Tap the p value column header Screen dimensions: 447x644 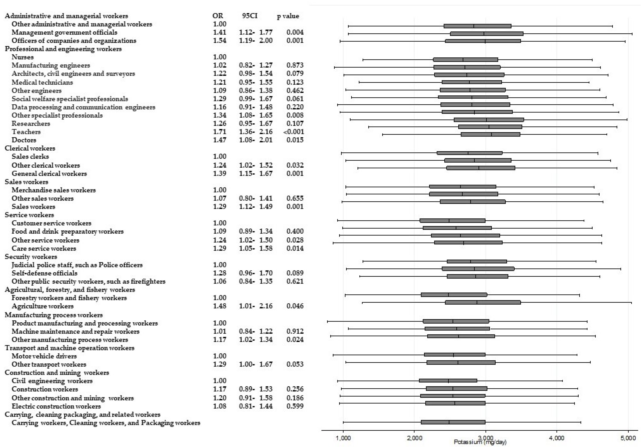coord(288,16)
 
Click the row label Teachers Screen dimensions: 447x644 coord(26,132)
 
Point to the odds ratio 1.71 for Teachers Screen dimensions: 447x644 coord(219,132)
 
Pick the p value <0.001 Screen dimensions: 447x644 coord(293,132)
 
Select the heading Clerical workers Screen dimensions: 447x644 coord(30,148)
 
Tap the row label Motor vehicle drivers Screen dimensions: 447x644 coord(44,356)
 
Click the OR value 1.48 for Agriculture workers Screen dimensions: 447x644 coord(219,306)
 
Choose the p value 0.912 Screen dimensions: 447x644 coord(295,331)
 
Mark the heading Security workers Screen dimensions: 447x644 coord(31,257)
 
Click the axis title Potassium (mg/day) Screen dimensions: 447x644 coord(480,442)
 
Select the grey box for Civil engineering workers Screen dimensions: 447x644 coord(448,381)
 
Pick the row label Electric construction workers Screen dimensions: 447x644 coord(56,406)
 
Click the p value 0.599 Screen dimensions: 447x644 coord(295,406)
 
